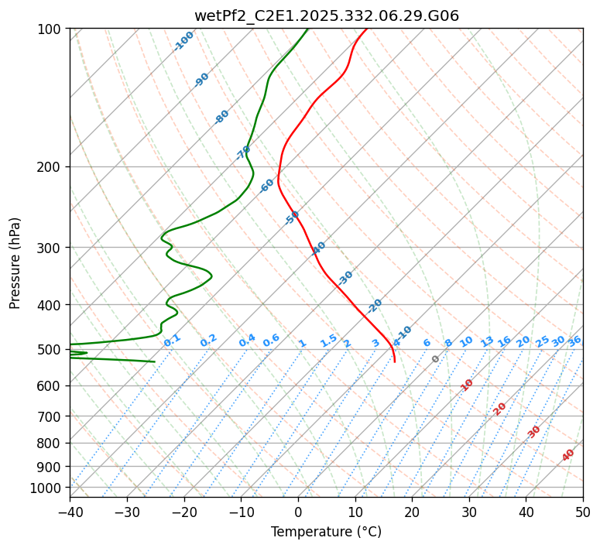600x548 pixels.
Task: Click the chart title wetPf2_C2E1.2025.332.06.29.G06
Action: pyautogui.click(x=326, y=15)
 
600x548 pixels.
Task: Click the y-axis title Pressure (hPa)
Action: pyautogui.click(x=15, y=262)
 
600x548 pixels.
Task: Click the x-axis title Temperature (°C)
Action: pyautogui.click(x=326, y=533)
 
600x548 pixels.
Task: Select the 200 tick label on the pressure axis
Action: pyautogui.click(x=51, y=167)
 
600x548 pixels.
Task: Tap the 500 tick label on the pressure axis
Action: pyautogui.click(x=51, y=350)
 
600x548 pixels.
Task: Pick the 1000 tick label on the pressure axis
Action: pyautogui.click(x=48, y=488)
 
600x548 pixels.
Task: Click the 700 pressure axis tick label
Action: pyautogui.click(x=51, y=416)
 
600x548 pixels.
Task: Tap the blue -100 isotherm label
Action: pyautogui.click(x=183, y=41)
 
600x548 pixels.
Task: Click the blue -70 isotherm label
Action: pyautogui.click(x=243, y=153)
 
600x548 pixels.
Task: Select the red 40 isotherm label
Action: pyautogui.click(x=568, y=455)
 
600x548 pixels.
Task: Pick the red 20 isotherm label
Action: pyautogui.click(x=500, y=408)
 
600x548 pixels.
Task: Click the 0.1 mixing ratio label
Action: pyautogui.click(x=172, y=339)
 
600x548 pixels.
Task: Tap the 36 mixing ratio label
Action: pyautogui.click(x=574, y=341)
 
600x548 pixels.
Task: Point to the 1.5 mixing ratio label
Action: pyautogui.click(x=328, y=340)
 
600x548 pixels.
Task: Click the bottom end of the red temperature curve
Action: pyautogui.click(x=395, y=361)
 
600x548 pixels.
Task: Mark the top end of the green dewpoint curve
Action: pyautogui.click(x=307, y=29)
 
